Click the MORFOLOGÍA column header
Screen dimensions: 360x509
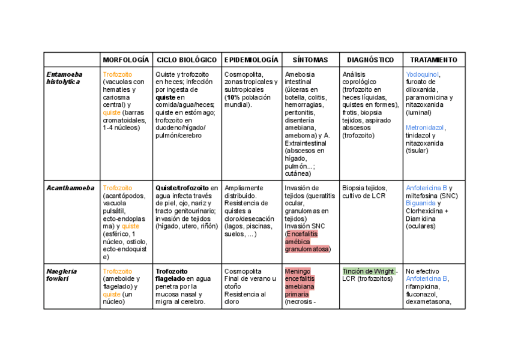click(125, 60)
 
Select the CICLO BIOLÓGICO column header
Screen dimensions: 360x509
click(187, 60)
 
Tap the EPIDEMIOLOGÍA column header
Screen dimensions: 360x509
click(251, 60)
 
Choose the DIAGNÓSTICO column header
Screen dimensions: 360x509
click(370, 60)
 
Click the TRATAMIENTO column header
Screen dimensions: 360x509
click(433, 60)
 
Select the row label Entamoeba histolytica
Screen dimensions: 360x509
click(63, 78)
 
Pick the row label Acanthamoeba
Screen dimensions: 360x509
click(70, 188)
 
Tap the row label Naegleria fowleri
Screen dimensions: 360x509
click(59, 275)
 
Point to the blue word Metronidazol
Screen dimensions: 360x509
click(426, 128)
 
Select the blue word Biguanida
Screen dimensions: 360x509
click(420, 203)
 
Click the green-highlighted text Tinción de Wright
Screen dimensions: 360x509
click(369, 271)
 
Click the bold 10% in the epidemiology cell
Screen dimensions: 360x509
click(234, 97)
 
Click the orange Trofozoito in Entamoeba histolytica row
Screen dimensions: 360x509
click(118, 74)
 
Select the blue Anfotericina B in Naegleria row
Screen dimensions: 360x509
click(427, 279)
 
